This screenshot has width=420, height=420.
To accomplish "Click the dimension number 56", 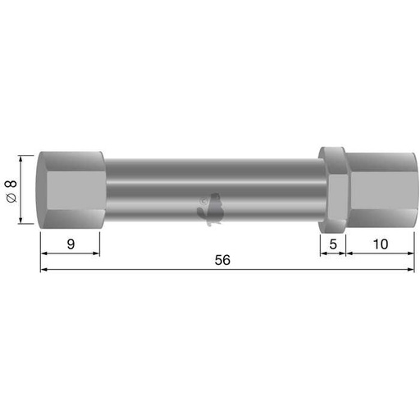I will tap(221, 260).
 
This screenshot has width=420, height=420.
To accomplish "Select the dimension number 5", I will tap(332, 243).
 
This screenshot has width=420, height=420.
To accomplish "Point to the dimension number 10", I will tap(378, 243).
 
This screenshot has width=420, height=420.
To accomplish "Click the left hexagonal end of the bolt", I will tap(71, 189).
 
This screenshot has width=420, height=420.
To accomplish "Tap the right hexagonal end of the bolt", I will tap(379, 189).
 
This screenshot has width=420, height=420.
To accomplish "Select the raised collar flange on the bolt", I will tap(333, 189).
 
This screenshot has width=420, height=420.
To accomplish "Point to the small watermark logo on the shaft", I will tap(211, 208).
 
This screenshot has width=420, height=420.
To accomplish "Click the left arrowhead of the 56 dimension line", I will tap(43, 269).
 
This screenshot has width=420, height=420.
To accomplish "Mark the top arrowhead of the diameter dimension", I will tap(23, 157).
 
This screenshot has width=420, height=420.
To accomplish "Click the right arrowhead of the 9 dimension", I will tap(95, 253).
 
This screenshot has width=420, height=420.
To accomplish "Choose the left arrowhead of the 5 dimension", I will tap(322, 253).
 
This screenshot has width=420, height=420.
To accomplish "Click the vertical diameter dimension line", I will tap(23, 189).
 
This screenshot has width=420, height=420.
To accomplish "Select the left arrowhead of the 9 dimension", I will tap(43, 253).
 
